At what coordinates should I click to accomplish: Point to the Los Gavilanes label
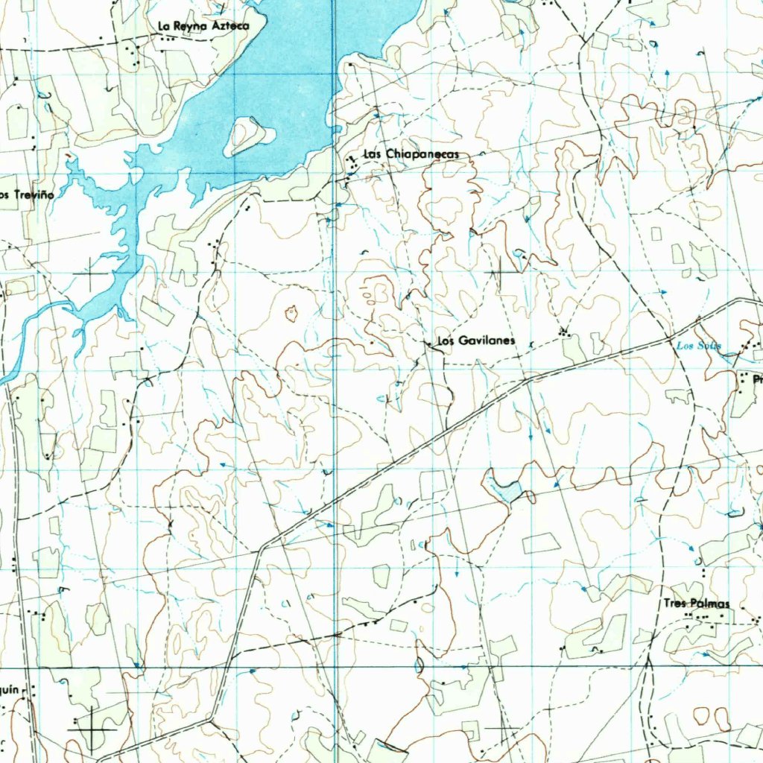(476, 341)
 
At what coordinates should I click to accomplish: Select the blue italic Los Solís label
(698, 346)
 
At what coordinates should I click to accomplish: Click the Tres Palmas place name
(697, 604)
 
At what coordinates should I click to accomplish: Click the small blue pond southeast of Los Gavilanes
(504, 490)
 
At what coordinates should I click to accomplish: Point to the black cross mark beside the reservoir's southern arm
(92, 275)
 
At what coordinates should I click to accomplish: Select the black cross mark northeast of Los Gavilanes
(502, 272)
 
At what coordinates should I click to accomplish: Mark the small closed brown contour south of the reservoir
(291, 313)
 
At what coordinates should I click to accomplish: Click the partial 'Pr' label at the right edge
(757, 380)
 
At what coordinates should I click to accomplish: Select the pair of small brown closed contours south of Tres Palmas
(711, 717)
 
